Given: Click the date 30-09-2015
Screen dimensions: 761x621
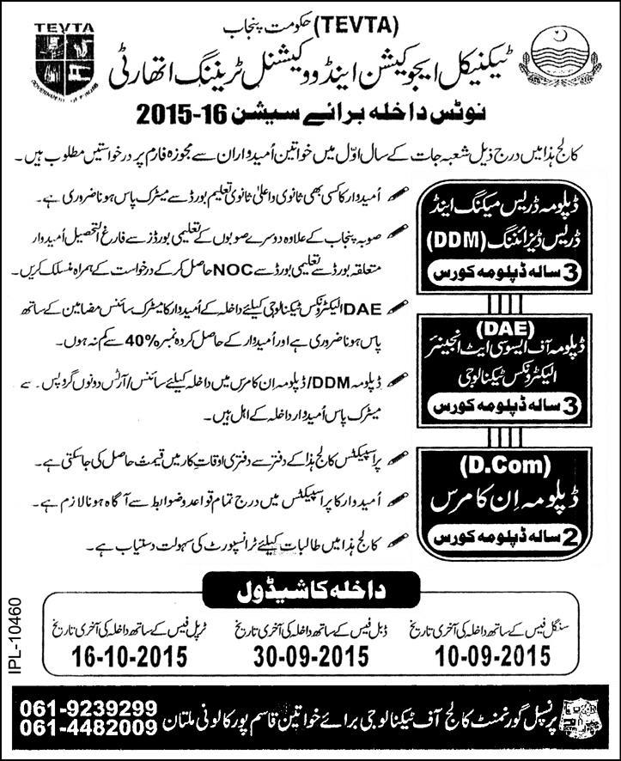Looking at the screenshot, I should [313, 658].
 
